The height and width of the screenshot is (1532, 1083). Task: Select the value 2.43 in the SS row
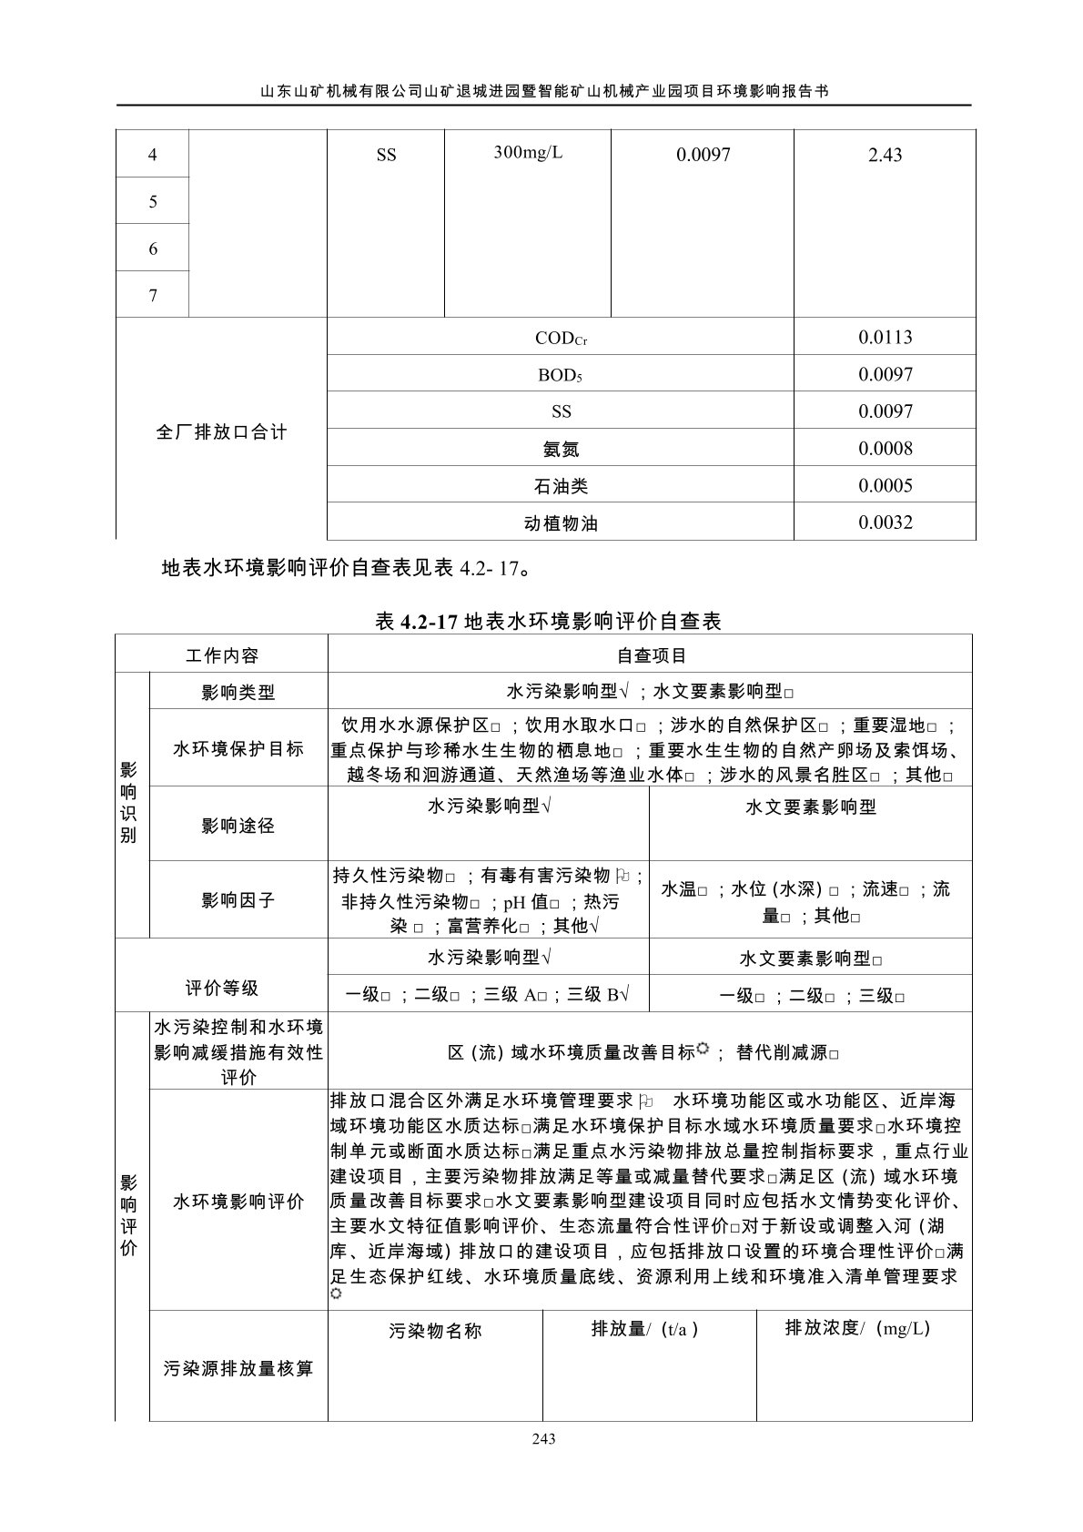(x=885, y=156)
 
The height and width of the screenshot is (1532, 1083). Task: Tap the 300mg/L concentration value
(x=528, y=152)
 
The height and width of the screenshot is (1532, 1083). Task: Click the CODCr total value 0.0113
(x=885, y=338)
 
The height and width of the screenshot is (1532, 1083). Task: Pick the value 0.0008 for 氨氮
(x=885, y=449)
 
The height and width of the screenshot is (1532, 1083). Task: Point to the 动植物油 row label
(x=561, y=523)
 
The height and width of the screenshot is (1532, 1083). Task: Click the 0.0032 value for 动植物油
(x=885, y=523)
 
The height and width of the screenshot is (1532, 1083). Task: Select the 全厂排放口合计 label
(x=221, y=431)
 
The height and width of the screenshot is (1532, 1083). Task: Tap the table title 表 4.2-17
(x=548, y=622)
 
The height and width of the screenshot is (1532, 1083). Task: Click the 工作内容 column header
(x=221, y=655)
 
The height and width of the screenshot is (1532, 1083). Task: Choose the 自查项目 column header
(x=651, y=655)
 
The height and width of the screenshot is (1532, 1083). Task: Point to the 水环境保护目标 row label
(x=238, y=749)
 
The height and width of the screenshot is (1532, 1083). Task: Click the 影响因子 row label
(x=238, y=900)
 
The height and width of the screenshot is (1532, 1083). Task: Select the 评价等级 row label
(x=221, y=988)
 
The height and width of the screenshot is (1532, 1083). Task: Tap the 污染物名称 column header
(x=435, y=1331)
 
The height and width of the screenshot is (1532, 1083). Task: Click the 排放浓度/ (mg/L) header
(x=857, y=1328)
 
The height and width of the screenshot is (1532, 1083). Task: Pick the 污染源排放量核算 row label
(x=238, y=1368)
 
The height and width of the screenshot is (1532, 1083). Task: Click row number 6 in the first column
(x=153, y=249)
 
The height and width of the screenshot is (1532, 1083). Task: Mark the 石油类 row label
(x=561, y=486)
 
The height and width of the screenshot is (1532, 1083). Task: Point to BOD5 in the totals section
(x=560, y=375)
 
